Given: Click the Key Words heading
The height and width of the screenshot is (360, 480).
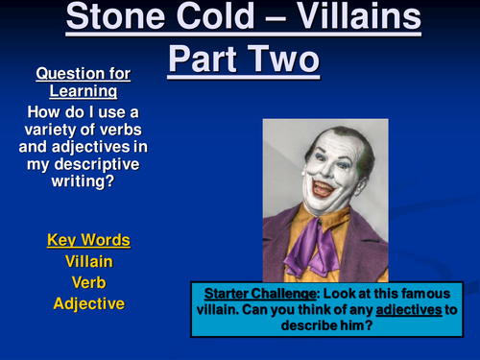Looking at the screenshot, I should coord(88,240).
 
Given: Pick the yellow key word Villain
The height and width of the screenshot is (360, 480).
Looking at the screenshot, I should coord(88,261).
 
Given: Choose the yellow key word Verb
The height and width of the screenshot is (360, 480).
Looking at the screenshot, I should coord(88,282).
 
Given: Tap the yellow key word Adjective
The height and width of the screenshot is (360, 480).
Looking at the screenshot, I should coord(88,303).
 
